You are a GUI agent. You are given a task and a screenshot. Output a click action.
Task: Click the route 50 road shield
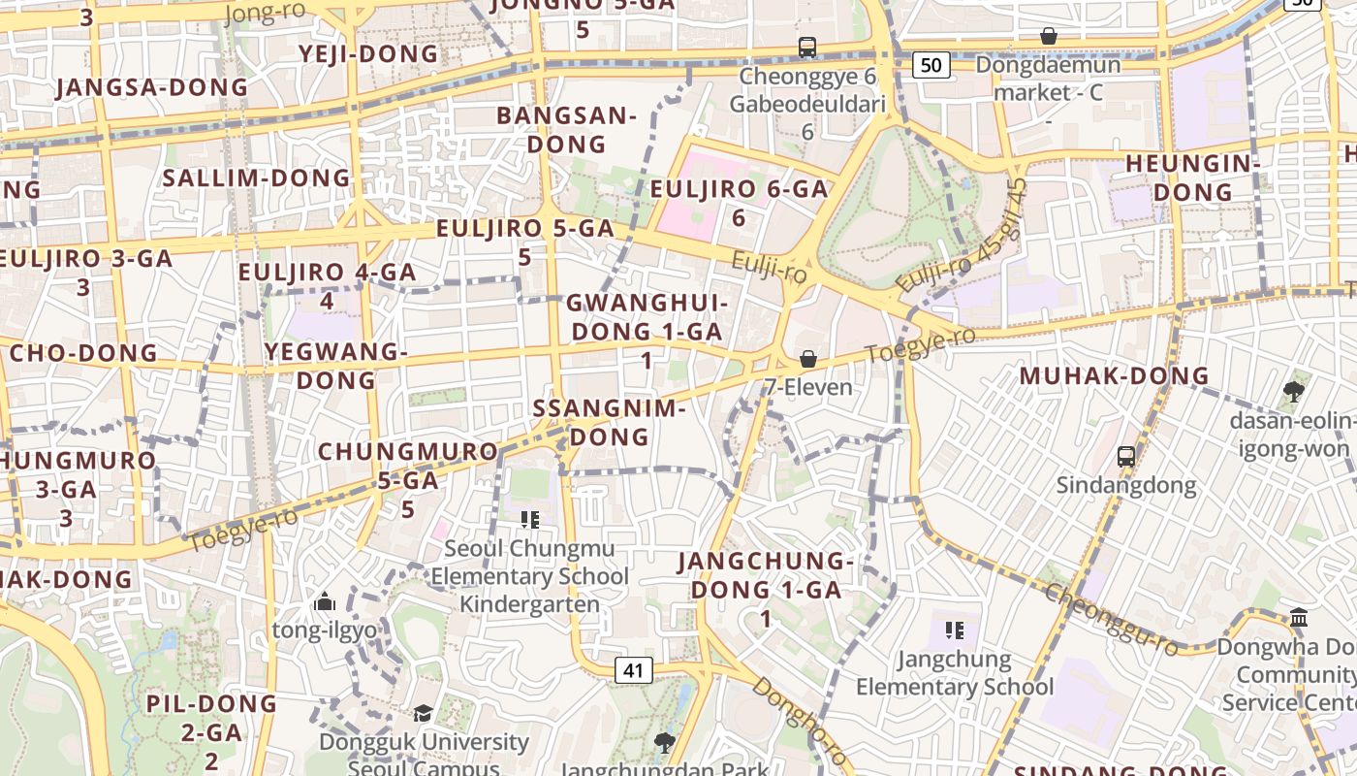pyautogui.click(x=931, y=65)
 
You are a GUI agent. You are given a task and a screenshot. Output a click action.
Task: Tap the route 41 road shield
pyautogui.click(x=633, y=669)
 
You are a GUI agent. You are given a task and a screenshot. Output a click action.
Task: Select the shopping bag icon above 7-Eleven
pyautogui.click(x=807, y=360)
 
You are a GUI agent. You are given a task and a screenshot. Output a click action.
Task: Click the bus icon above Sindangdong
pyautogui.click(x=1125, y=456)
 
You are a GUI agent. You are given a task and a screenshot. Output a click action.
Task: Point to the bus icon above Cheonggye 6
pyautogui.click(x=806, y=47)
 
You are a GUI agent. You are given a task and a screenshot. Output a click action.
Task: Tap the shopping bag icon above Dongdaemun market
pyautogui.click(x=1048, y=37)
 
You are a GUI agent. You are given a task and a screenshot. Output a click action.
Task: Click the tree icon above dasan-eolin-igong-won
pyautogui.click(x=1292, y=392)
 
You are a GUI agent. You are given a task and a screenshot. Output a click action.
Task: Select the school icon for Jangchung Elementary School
pyautogui.click(x=955, y=630)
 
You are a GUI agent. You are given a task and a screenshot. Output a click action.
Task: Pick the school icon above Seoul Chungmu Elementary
pyautogui.click(x=529, y=520)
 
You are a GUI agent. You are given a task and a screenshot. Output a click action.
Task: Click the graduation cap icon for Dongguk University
pyautogui.click(x=423, y=714)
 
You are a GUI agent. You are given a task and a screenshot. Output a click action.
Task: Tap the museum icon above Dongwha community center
pyautogui.click(x=1299, y=617)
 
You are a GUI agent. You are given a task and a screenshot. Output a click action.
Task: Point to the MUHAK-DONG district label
pyautogui.click(x=1115, y=375)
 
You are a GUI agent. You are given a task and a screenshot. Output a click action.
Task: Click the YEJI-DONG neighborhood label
pyautogui.click(x=369, y=53)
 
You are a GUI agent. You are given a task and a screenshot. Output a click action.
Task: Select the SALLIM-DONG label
pyautogui.click(x=256, y=178)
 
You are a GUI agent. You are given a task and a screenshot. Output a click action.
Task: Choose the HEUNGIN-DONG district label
pyautogui.click(x=1192, y=178)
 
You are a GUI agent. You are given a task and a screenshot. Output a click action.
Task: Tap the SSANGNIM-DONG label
pyautogui.click(x=609, y=422)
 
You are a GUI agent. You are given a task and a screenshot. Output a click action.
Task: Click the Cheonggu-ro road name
pyautogui.click(x=1112, y=618)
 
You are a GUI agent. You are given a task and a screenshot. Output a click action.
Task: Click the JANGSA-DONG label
pyautogui.click(x=152, y=87)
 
